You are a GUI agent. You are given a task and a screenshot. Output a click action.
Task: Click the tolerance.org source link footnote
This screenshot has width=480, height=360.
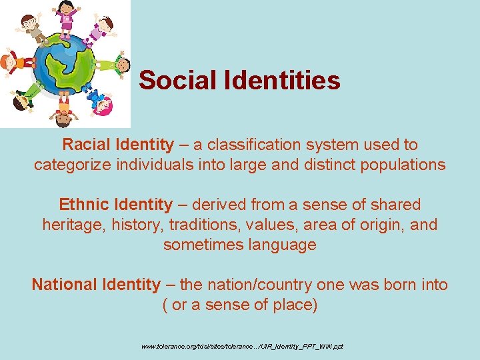(x=241, y=347)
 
